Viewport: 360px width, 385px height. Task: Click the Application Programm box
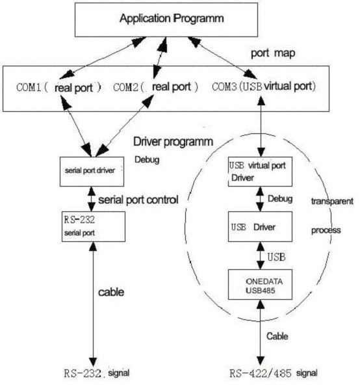click(166, 20)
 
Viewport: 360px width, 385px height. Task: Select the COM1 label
click(58, 88)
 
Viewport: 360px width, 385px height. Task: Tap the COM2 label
click(155, 87)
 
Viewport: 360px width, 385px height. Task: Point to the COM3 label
click(264, 86)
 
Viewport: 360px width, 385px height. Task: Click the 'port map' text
click(273, 53)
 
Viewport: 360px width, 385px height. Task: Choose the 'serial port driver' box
click(92, 172)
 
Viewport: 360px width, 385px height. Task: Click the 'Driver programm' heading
click(173, 142)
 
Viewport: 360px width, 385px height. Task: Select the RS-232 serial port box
click(94, 226)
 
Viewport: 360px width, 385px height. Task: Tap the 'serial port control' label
click(138, 200)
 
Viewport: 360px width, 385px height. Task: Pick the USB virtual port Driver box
click(260, 172)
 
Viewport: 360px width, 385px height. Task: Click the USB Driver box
click(260, 226)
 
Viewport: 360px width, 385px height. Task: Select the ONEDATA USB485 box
click(260, 285)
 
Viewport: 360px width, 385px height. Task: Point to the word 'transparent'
click(332, 201)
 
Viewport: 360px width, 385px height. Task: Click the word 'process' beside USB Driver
click(326, 230)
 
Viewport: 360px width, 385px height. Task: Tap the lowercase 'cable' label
click(111, 292)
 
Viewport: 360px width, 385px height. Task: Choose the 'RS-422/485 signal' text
click(274, 373)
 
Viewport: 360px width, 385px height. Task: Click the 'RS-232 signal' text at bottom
click(97, 373)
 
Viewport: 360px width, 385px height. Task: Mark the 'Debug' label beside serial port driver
click(147, 159)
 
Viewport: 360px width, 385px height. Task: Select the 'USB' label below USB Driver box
click(276, 257)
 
